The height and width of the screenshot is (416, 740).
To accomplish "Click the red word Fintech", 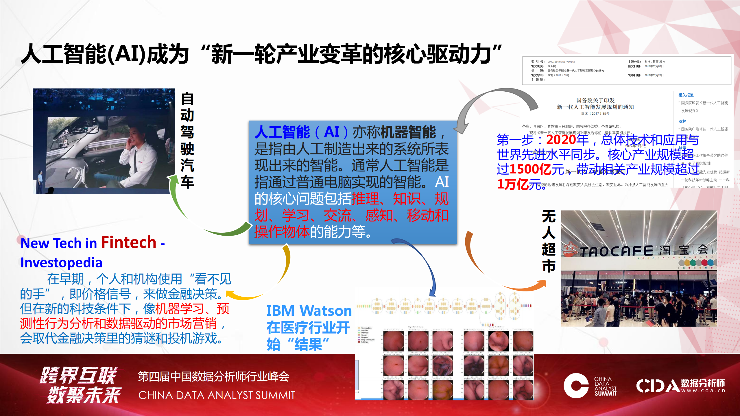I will (x=128, y=242).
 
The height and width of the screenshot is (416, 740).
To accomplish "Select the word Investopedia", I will (x=61, y=262).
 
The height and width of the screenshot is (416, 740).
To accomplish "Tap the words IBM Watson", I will (x=309, y=311).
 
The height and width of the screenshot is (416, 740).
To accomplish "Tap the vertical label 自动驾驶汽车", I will (x=187, y=140).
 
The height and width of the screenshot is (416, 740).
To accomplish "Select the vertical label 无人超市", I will (x=548, y=241).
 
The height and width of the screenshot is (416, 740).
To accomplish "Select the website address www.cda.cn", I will (x=703, y=391).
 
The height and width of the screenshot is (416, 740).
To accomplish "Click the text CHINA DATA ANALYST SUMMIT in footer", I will (x=217, y=395).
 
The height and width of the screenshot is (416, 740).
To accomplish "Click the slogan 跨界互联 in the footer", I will (x=79, y=375).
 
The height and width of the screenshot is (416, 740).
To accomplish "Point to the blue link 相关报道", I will (x=686, y=95).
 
